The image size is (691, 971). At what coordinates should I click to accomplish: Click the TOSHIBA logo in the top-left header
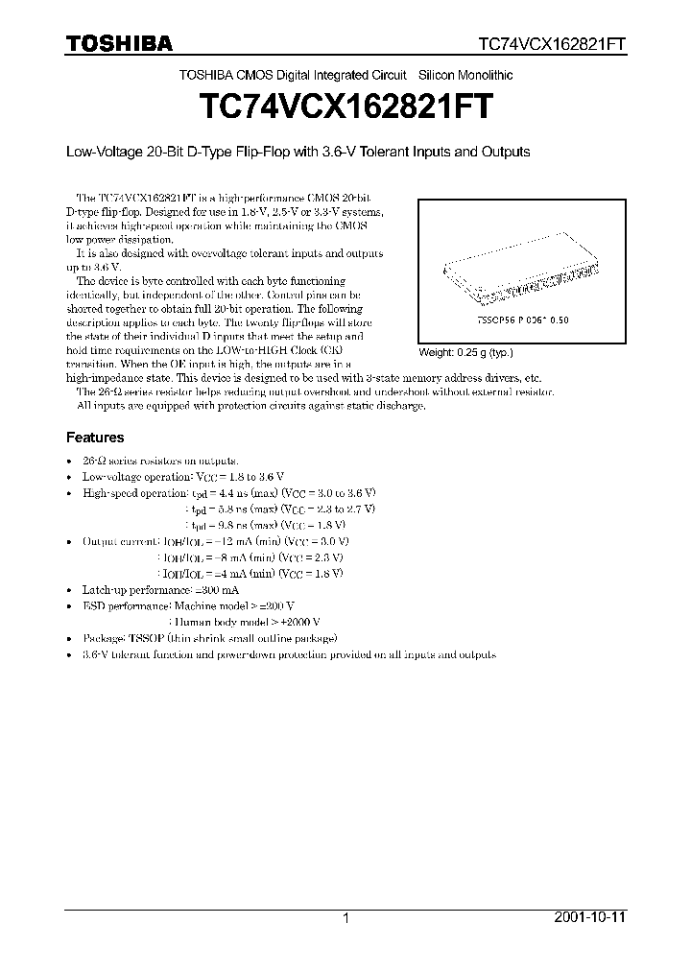pyautogui.click(x=119, y=43)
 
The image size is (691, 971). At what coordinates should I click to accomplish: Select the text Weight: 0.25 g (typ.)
pyautogui.click(x=465, y=352)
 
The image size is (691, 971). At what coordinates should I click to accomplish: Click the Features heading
pyautogui.click(x=95, y=438)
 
